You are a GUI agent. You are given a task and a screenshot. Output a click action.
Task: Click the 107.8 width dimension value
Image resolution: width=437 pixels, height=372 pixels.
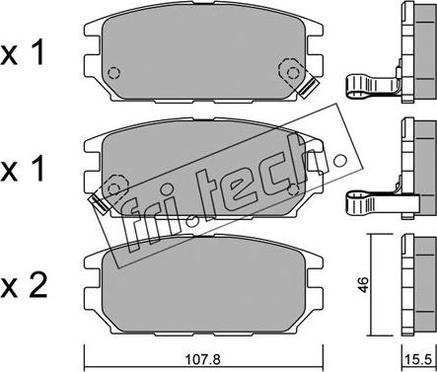203,360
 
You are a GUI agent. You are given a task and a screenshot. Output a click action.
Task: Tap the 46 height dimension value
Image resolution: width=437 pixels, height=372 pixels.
363,285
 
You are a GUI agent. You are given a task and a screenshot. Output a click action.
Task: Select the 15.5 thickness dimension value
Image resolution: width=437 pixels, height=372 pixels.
419,360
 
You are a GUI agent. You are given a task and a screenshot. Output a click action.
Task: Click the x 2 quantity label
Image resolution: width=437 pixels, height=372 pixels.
24,285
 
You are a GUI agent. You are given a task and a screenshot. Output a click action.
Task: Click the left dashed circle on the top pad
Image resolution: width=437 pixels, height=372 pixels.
113,73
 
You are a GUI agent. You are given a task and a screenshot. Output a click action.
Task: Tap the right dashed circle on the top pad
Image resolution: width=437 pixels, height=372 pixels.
292,72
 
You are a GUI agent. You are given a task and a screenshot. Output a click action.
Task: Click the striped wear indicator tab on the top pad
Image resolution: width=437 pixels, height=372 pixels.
309,88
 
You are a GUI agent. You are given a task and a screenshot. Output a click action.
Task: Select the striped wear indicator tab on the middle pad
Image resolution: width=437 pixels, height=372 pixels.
100,203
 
